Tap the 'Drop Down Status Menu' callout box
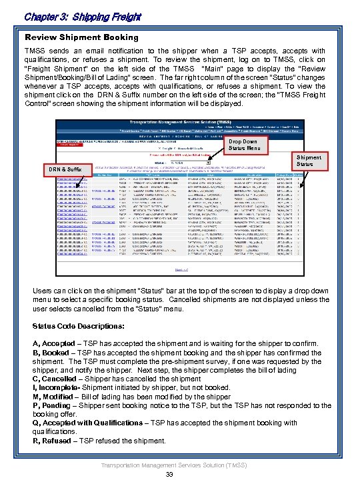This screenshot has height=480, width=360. coord(247,146)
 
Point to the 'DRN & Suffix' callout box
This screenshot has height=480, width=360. coord(65,169)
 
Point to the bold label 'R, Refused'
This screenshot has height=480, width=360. coord(53,440)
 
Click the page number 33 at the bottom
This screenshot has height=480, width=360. coord(169,474)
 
